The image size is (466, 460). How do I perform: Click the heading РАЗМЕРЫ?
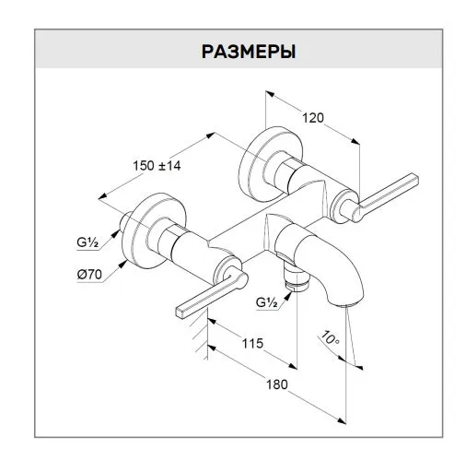tap(249, 52)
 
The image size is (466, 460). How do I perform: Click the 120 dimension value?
tap(313, 118)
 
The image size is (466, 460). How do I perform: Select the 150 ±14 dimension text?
tap(157, 166)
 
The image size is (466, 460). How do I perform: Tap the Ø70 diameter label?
tap(89, 275)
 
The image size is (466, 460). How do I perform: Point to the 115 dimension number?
tap(252, 343)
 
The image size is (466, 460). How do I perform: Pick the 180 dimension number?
tap(277, 384)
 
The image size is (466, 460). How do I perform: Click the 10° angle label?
tap(330, 338)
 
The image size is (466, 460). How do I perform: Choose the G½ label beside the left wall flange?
tap(87, 242)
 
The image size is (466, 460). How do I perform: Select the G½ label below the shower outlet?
tap(266, 302)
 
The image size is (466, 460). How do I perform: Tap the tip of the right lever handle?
tap(414, 179)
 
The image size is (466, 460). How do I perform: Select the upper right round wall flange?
tap(270, 163)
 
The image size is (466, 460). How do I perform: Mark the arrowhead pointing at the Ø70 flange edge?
tap(123, 264)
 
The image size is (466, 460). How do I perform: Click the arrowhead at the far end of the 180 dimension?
tap(341, 420)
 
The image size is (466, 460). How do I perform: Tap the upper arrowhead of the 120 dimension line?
tap(270, 93)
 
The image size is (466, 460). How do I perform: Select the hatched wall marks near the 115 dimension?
tap(201, 334)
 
